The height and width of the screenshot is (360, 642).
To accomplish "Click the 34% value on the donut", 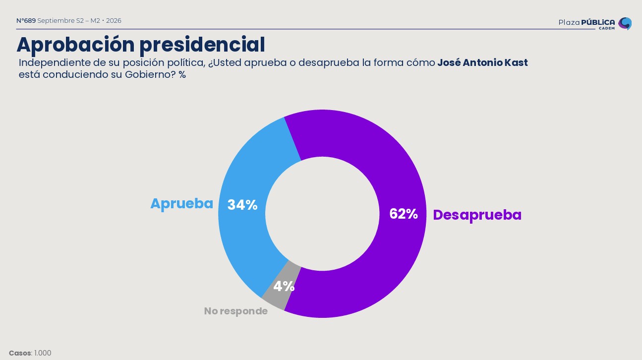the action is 242,205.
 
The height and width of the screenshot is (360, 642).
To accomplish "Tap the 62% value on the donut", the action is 404,214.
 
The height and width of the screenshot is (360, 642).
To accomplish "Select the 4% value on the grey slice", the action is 284,286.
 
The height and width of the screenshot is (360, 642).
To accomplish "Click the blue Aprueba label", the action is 182,204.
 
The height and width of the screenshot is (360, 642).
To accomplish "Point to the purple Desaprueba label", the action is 477,215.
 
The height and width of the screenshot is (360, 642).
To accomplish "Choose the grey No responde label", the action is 236,311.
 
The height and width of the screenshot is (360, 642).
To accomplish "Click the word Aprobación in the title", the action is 76,45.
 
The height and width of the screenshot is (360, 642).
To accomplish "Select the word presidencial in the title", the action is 202,45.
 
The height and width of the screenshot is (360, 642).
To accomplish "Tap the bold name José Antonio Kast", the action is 482,62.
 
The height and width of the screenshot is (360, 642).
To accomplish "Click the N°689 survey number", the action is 26,21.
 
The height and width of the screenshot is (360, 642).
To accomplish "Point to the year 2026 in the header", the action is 114,21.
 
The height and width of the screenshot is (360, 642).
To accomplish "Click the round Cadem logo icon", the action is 625,23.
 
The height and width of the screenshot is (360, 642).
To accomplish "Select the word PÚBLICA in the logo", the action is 598,22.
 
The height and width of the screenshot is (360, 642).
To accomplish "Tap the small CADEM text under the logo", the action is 607,28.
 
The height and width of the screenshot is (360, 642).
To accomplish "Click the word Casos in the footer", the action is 20,353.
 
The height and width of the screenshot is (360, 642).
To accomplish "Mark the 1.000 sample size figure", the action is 43,353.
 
